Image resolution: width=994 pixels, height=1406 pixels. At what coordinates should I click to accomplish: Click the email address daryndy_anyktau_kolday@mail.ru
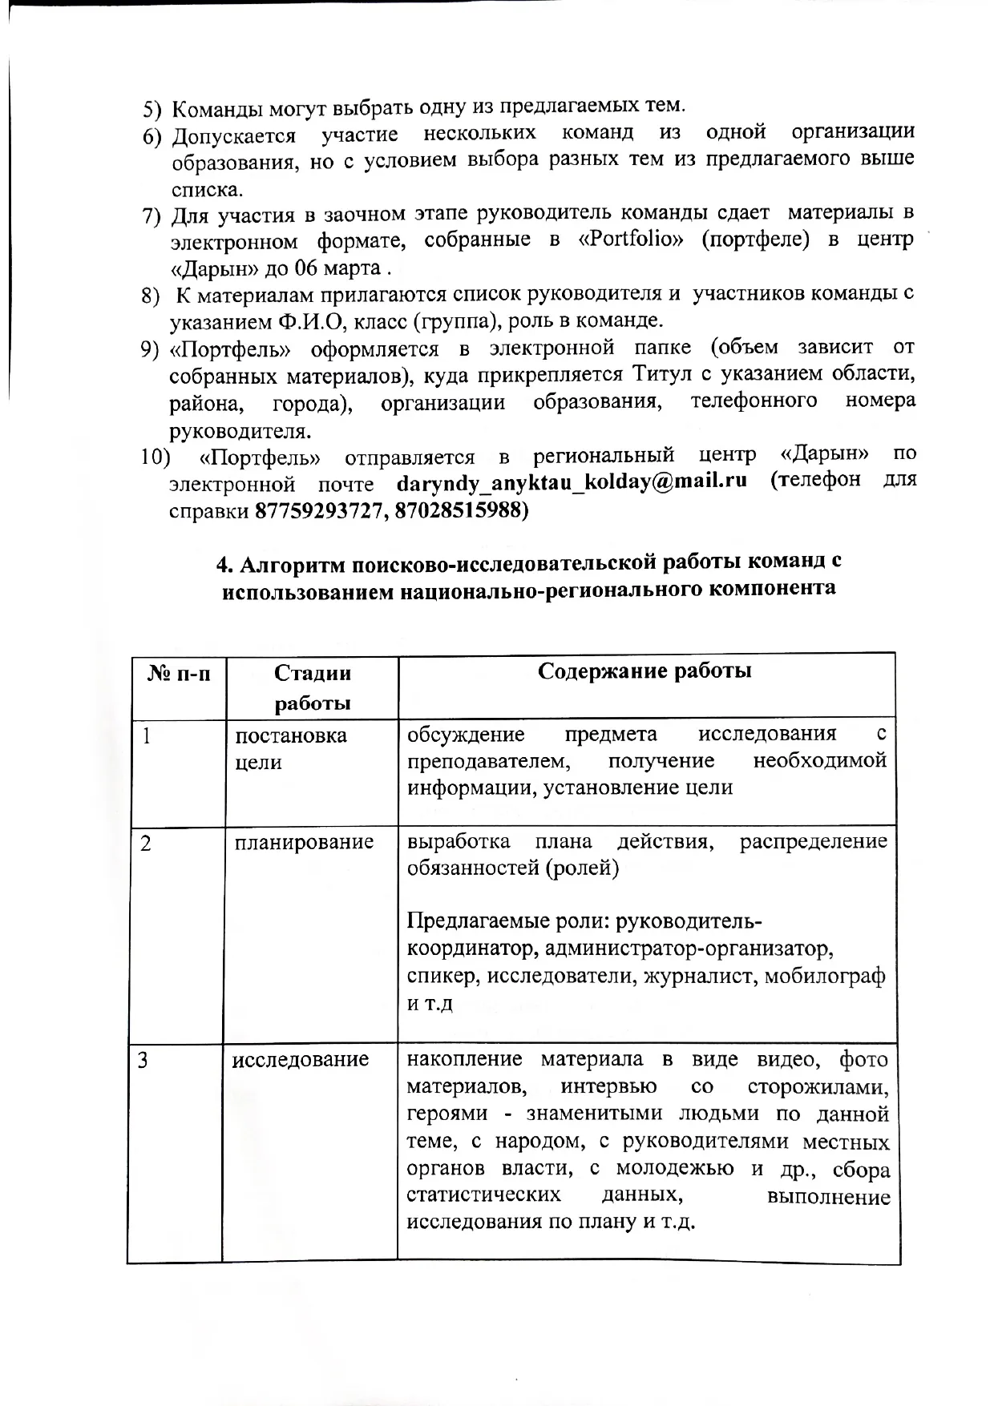572,481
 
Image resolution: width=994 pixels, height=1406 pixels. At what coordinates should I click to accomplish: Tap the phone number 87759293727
318,510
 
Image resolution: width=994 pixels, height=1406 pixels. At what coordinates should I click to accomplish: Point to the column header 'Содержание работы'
644,671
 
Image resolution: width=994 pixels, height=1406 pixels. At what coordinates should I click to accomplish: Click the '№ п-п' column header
179,672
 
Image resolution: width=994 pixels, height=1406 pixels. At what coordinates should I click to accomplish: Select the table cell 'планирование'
304,842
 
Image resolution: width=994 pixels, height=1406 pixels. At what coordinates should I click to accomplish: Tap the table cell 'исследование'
301,1060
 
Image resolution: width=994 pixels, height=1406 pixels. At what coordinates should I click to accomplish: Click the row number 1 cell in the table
147,735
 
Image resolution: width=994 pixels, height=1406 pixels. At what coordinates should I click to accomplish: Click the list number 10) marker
156,457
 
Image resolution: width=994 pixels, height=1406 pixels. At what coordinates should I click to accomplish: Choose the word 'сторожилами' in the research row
818,1087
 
